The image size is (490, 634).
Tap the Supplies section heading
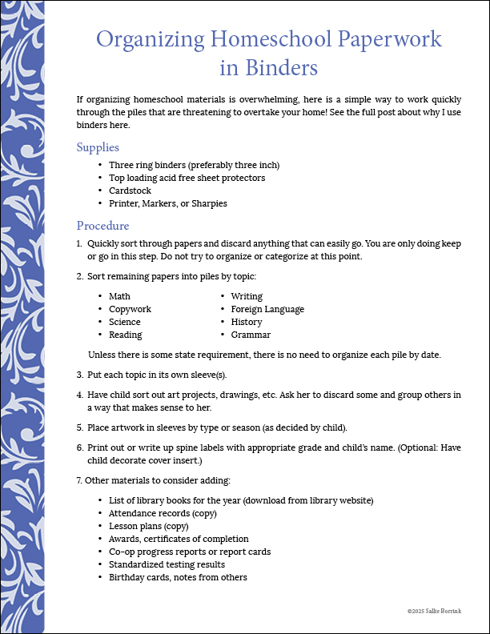click(98, 147)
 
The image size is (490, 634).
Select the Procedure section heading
click(102, 225)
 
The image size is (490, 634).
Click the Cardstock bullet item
click(130, 191)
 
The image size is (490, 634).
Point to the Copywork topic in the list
click(130, 309)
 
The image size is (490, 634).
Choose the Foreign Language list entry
click(267, 309)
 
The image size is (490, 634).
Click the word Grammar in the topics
click(251, 335)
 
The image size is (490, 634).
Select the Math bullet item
click(119, 296)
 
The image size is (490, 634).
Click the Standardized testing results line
click(167, 564)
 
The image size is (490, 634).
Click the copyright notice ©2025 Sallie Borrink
click(434, 611)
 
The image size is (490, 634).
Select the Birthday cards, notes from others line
click(178, 577)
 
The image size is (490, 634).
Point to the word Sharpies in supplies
click(208, 203)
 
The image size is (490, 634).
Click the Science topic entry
click(125, 322)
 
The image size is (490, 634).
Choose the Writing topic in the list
click(247, 296)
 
